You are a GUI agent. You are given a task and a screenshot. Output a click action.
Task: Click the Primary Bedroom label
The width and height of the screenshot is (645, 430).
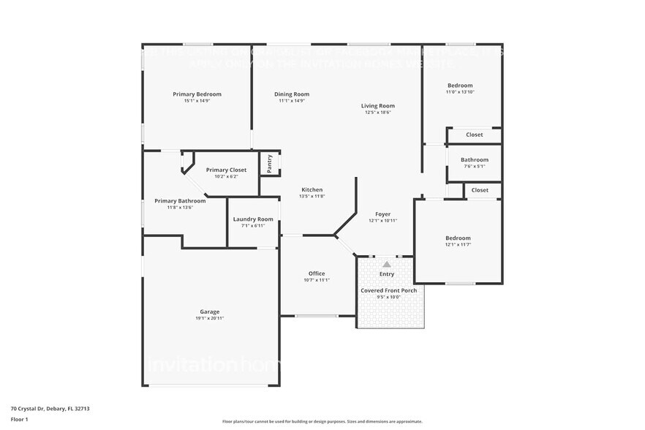[197, 94]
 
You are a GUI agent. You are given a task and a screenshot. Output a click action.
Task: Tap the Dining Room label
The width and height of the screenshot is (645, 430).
[291, 94]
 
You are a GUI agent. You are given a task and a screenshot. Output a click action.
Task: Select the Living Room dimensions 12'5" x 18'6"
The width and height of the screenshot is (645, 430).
[378, 113]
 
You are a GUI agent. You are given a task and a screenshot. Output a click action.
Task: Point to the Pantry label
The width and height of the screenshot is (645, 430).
[269, 163]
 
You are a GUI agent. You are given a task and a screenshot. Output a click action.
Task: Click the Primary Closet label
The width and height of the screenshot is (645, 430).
[226, 170]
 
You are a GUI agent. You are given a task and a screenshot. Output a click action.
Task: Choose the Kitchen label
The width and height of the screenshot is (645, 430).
[312, 189]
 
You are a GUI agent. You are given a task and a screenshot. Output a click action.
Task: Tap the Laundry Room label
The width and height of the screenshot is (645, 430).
[253, 219]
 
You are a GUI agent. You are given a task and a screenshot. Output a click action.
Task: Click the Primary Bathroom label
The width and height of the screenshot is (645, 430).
[180, 201]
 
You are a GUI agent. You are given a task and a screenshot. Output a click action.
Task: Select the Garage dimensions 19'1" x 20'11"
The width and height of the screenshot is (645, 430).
[210, 318]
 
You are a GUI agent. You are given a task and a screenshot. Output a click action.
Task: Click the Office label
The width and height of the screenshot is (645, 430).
[316, 274]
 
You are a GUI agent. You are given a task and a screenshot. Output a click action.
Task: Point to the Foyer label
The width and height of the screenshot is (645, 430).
[382, 214]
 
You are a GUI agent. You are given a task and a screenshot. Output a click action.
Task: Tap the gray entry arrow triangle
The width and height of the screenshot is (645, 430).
[386, 264]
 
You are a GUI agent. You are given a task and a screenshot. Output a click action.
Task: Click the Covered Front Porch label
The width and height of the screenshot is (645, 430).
[388, 290]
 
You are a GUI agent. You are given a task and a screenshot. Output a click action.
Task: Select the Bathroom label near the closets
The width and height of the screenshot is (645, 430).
[474, 159]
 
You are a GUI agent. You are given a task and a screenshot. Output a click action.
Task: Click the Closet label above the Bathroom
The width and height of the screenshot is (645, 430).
[474, 135]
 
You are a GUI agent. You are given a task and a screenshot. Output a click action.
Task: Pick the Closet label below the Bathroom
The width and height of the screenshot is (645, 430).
[480, 190]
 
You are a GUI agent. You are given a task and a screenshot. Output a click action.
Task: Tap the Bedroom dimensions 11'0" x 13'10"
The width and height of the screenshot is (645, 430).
[460, 92]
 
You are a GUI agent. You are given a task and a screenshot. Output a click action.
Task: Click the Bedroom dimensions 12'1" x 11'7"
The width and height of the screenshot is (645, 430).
[458, 245]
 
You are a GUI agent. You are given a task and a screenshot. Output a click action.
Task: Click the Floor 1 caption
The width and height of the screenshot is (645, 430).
[19, 419]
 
